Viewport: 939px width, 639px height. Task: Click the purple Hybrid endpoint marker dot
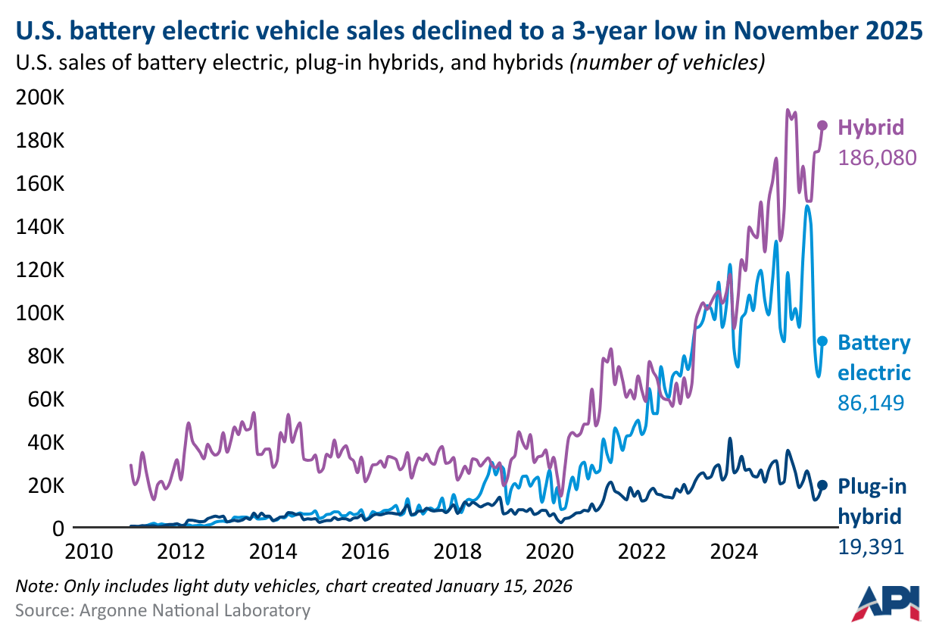pyautogui.click(x=822, y=126)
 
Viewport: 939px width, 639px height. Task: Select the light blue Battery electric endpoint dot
pyautogui.click(x=822, y=341)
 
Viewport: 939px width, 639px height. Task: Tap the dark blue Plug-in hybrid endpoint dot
pyautogui.click(x=822, y=485)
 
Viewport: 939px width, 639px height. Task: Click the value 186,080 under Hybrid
pyautogui.click(x=877, y=157)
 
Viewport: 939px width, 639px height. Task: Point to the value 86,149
pyautogui.click(x=870, y=403)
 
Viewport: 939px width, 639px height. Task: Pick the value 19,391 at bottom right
pyautogui.click(x=870, y=546)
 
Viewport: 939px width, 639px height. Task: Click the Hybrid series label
pyautogui.click(x=870, y=126)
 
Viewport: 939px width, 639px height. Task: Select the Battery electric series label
pyautogui.click(x=873, y=357)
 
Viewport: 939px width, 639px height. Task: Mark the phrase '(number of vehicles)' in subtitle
pyautogui.click(x=666, y=63)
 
